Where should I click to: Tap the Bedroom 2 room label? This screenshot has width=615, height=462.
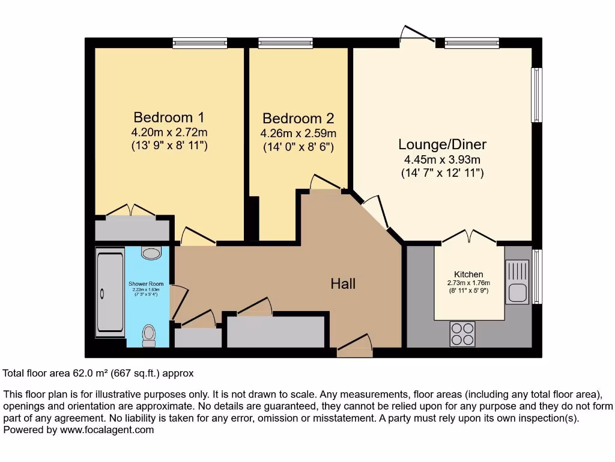298,119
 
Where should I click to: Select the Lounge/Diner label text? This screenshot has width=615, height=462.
442,144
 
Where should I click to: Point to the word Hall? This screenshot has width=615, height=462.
343,283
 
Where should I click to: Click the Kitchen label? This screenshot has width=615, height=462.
468,274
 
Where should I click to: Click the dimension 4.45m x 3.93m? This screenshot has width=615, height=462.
442,159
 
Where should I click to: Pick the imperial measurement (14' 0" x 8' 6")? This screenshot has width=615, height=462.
298,147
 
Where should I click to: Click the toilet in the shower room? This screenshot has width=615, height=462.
148,334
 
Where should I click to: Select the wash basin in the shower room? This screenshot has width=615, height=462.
151,252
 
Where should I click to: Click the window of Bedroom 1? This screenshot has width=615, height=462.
199,43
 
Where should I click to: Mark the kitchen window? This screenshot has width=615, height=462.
537,276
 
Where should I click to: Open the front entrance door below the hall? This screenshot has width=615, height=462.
354,348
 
